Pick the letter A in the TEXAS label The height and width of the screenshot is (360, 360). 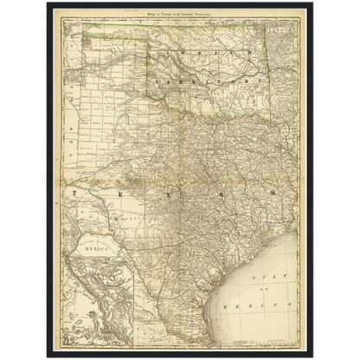221,194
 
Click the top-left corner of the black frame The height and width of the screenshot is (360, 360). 46,3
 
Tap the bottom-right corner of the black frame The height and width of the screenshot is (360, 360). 314,357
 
